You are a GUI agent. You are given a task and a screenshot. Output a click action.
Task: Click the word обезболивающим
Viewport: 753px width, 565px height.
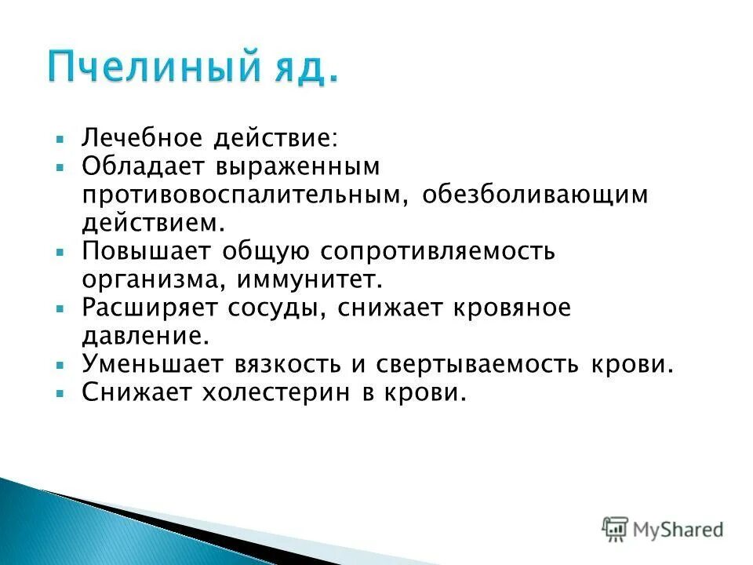pos(537,194)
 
